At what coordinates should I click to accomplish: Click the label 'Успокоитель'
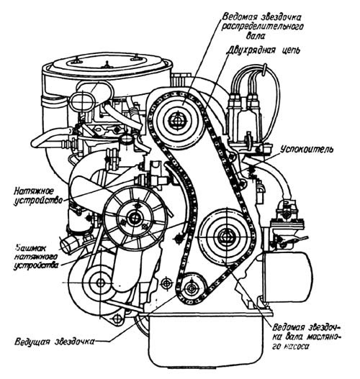pyautogui.click(x=307, y=149)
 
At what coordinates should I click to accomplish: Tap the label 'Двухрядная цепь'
pyautogui.click(x=264, y=50)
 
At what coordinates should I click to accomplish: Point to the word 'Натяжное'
pyautogui.click(x=33, y=191)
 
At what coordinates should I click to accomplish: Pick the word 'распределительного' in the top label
pyautogui.click(x=263, y=27)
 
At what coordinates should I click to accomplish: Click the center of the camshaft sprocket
pyautogui.click(x=179, y=119)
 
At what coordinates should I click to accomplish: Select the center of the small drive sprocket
pyautogui.click(x=192, y=288)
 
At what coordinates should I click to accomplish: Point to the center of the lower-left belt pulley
pyautogui.click(x=99, y=283)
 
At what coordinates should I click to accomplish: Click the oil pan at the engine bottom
pyautogui.click(x=206, y=339)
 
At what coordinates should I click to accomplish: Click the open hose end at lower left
pyautogui.click(x=66, y=245)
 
